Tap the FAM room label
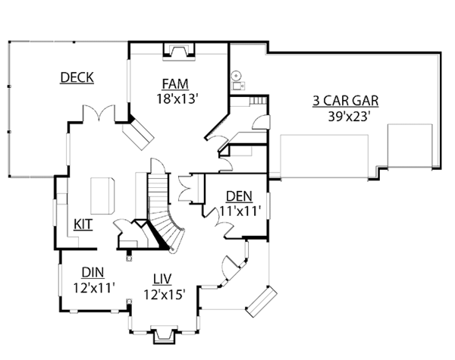[175, 83]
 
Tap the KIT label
[83, 224]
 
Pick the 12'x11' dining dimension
[93, 287]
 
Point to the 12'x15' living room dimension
[165, 294]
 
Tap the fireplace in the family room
[179, 52]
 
